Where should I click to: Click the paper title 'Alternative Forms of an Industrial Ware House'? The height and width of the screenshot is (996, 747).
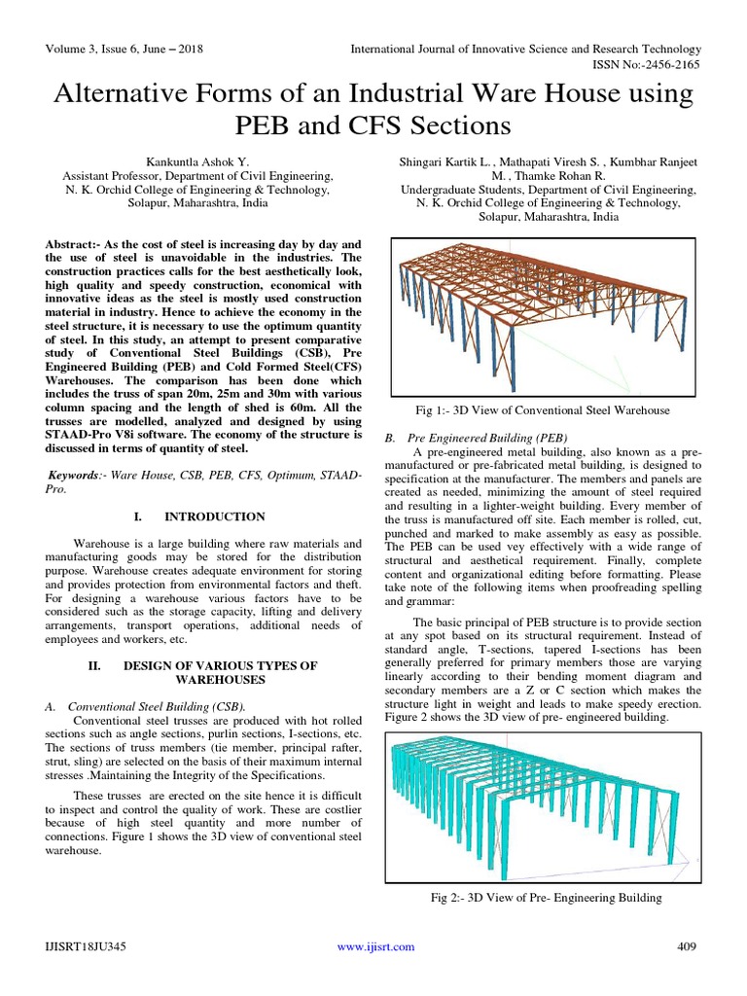point(373,95)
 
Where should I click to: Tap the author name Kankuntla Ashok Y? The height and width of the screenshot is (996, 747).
point(197,161)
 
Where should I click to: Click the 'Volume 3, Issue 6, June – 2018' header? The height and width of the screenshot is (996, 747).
point(126,49)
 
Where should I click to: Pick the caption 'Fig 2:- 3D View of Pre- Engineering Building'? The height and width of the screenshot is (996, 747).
point(547,897)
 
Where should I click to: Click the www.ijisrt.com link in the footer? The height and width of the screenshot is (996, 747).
point(374,946)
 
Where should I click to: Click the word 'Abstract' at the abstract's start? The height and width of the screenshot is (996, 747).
point(74,242)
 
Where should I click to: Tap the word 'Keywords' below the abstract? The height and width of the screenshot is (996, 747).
point(77,472)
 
